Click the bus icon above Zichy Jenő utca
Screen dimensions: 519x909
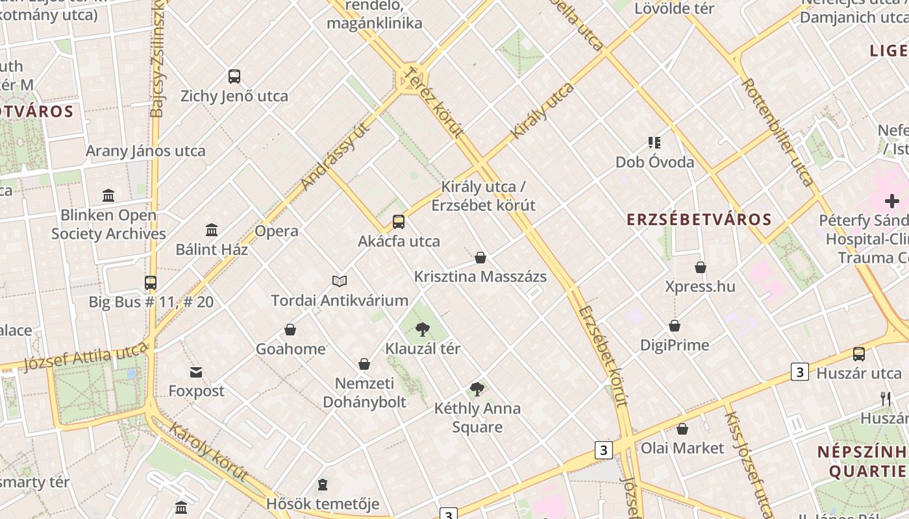pyautogui.click(x=234, y=77)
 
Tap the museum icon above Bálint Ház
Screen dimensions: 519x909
pyautogui.click(x=211, y=230)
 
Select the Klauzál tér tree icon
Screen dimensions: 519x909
pyautogui.click(x=422, y=330)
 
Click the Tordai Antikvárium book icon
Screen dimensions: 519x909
pyautogui.click(x=340, y=281)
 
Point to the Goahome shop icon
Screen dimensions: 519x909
pyautogui.click(x=290, y=330)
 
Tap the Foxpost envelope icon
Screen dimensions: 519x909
pyautogui.click(x=196, y=372)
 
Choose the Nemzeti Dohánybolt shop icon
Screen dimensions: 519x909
pyautogui.click(x=364, y=364)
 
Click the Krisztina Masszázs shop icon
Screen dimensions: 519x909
pyautogui.click(x=480, y=258)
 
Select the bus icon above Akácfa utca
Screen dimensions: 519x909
pyautogui.click(x=399, y=222)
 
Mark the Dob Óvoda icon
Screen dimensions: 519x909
pyautogui.click(x=654, y=143)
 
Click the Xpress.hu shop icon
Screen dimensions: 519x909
pyautogui.click(x=701, y=267)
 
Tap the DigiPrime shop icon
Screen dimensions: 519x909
pyautogui.click(x=675, y=326)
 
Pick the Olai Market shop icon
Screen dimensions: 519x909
pyautogui.click(x=682, y=429)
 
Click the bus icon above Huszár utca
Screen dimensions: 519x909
pyautogui.click(x=859, y=354)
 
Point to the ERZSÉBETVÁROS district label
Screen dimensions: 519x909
pyautogui.click(x=699, y=219)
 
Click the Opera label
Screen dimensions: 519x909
pyautogui.click(x=277, y=231)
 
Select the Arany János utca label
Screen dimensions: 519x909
pyautogui.click(x=145, y=151)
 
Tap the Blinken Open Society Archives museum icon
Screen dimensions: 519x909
pyautogui.click(x=108, y=196)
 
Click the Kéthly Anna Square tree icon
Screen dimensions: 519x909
pyautogui.click(x=477, y=389)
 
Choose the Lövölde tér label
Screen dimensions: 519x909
pyautogui.click(x=674, y=8)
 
